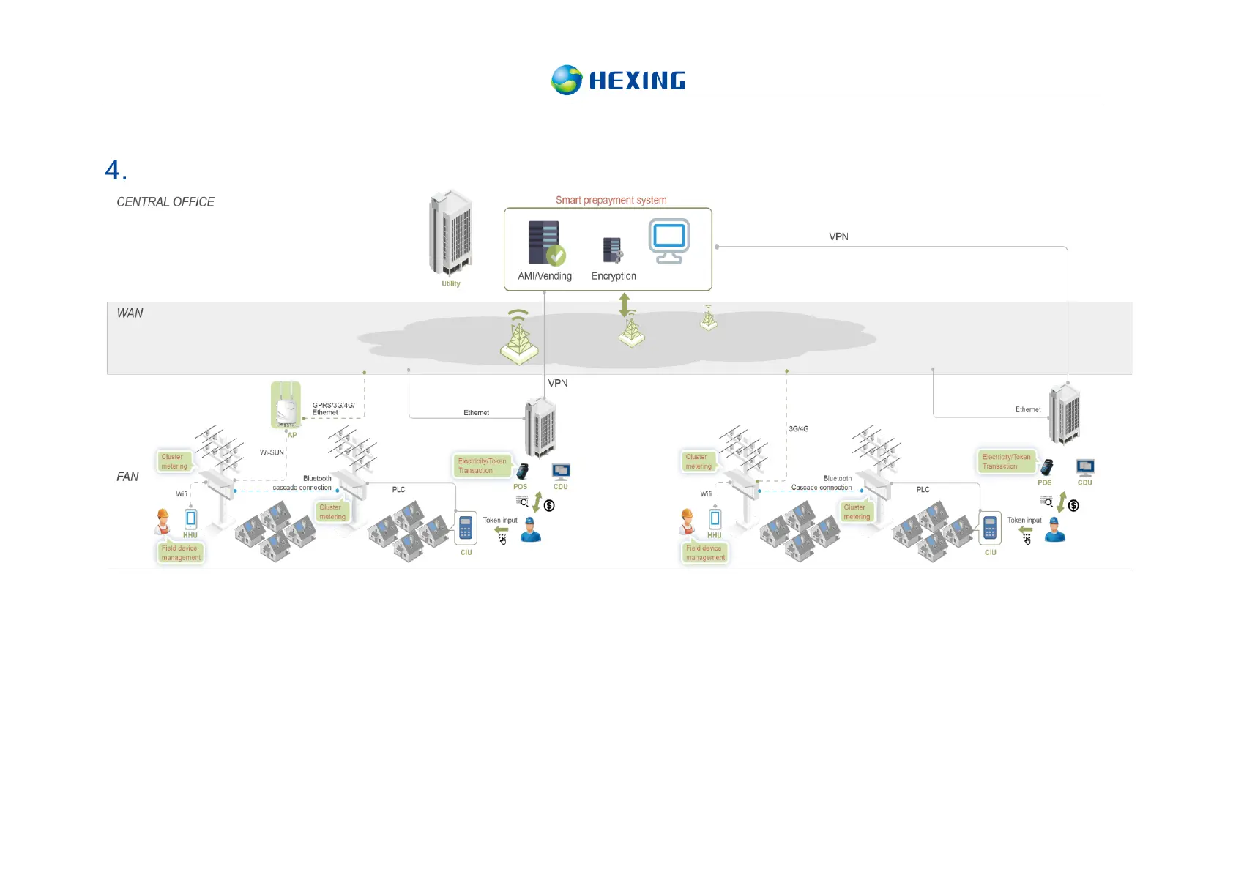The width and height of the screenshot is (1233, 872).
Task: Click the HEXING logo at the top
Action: click(x=618, y=80)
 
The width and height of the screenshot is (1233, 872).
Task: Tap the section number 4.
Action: click(x=116, y=171)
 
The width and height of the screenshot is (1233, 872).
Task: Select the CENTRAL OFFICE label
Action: click(x=165, y=202)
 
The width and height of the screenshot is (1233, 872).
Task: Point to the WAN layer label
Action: click(x=130, y=313)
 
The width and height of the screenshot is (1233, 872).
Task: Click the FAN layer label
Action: click(x=127, y=477)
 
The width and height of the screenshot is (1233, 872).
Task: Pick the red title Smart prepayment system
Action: click(x=611, y=200)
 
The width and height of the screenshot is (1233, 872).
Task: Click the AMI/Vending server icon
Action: click(x=545, y=243)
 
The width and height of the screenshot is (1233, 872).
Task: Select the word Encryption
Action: click(x=614, y=276)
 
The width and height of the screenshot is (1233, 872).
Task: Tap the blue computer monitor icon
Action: click(x=668, y=240)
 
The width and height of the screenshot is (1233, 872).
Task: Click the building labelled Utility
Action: click(x=451, y=233)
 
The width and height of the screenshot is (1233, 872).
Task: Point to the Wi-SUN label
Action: click(x=272, y=452)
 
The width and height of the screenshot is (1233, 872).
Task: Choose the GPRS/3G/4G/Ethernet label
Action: click(x=333, y=409)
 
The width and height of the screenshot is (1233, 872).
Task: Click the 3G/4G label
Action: click(x=799, y=429)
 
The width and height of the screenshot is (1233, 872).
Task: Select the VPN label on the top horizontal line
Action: click(x=838, y=236)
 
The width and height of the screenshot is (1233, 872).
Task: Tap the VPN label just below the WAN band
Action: click(x=558, y=383)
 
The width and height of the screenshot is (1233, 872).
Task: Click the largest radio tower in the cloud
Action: click(x=519, y=338)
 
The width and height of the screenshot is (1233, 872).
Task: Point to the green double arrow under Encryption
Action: click(x=625, y=304)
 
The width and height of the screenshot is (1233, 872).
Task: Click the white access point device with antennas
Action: click(x=285, y=405)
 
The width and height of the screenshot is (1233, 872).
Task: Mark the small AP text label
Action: click(x=292, y=435)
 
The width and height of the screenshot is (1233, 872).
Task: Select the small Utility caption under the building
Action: click(x=451, y=284)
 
